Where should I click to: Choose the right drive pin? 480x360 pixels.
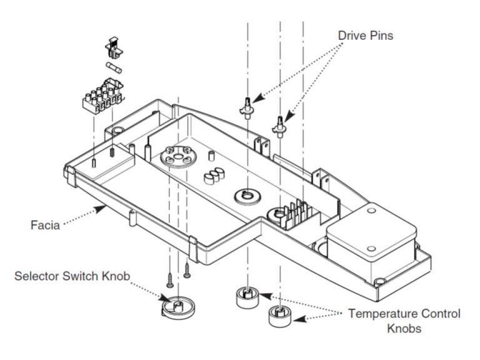(x=279, y=124)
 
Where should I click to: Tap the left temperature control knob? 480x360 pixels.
(x=247, y=297)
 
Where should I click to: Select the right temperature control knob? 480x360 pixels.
(x=279, y=316)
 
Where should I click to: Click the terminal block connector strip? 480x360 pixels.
(x=103, y=93)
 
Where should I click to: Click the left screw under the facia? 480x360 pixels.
(x=170, y=271)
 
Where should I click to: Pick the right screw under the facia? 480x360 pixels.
(x=186, y=269)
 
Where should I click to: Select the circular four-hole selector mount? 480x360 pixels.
(x=177, y=157)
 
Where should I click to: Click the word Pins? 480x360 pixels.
(x=382, y=36)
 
